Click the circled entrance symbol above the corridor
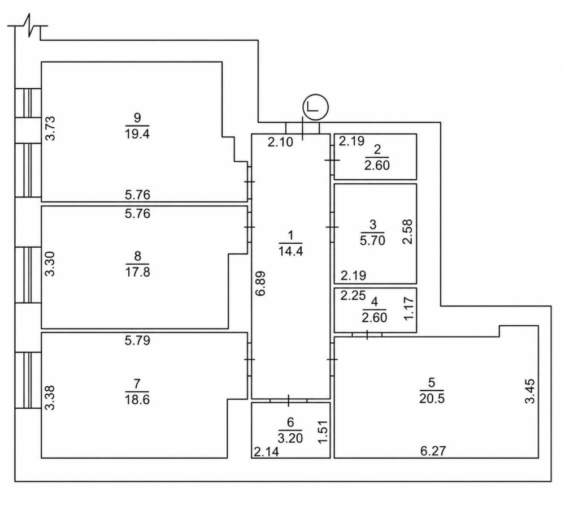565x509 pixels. click(316, 107)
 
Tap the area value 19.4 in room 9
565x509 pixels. click(137, 134)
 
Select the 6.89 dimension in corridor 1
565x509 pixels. click(260, 283)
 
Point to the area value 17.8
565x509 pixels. click(137, 271)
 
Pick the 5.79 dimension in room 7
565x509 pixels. click(137, 340)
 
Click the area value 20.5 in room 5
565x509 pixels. click(432, 399)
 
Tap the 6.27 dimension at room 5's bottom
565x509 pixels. click(433, 451)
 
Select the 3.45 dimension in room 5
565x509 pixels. click(530, 391)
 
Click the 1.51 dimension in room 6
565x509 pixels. click(323, 432)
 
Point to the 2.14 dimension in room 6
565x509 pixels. click(267, 452)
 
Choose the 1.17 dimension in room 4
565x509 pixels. click(409, 308)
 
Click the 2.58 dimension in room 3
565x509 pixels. click(407, 231)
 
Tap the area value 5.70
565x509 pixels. click(372, 240)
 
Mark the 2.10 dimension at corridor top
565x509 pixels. click(280, 142)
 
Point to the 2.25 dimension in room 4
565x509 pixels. click(353, 295)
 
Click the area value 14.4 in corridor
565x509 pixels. click(290, 251)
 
